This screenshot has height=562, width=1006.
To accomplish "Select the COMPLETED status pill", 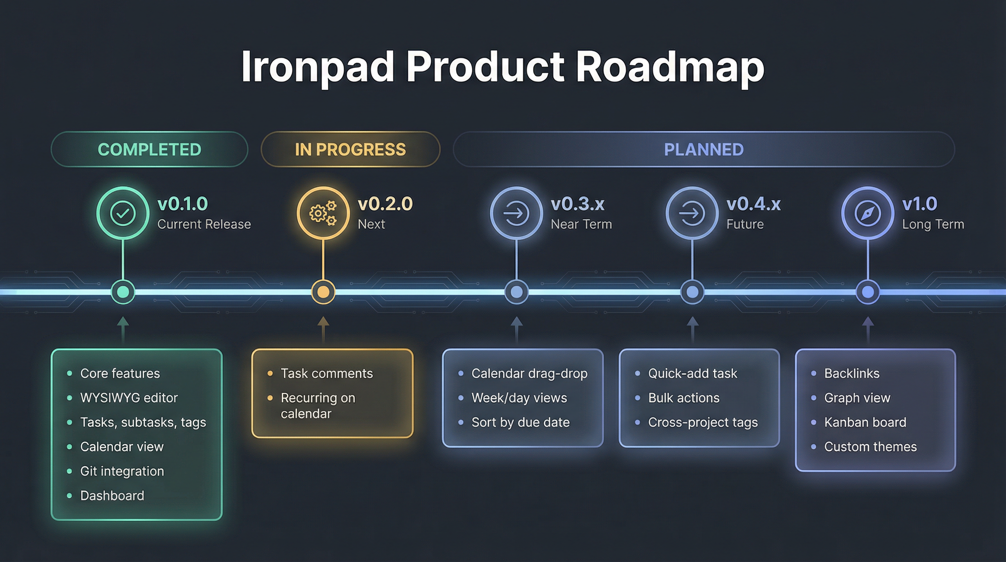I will (x=149, y=149).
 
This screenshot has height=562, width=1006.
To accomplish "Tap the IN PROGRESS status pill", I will (x=350, y=149).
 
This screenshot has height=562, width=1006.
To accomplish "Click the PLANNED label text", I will (x=704, y=149).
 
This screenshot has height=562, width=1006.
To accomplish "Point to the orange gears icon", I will (x=323, y=213).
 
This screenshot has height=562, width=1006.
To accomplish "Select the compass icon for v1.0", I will (x=867, y=213).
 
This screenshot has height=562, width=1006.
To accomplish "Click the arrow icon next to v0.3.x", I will (x=516, y=213).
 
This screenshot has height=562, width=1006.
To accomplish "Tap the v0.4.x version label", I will (x=753, y=204).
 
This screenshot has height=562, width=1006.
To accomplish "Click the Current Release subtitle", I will (x=204, y=224).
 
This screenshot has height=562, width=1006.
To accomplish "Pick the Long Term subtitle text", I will (x=933, y=224).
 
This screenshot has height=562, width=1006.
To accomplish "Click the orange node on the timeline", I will (x=323, y=292).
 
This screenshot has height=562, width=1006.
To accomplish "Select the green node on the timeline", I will (x=123, y=292).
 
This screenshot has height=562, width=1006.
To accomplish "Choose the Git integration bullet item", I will (x=122, y=471).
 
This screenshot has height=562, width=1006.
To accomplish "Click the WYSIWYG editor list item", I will (x=129, y=398).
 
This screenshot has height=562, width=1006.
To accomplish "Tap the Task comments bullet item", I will (x=326, y=374).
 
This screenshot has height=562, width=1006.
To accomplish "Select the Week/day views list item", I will (x=519, y=398).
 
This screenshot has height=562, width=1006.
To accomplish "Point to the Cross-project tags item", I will (x=703, y=423).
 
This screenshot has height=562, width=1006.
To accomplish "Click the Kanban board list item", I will (x=865, y=423).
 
